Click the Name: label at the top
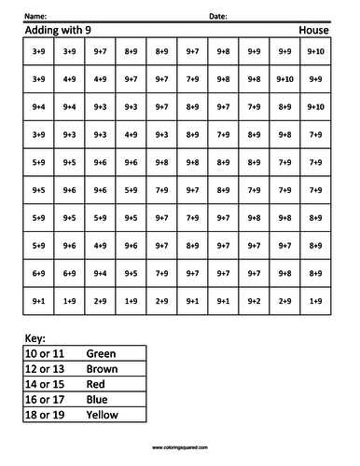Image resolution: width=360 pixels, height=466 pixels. pos(34,17)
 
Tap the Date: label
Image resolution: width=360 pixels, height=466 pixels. pos(217,17)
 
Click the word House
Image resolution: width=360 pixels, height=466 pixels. pos(314,32)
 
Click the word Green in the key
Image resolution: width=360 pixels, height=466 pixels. pos(100,354)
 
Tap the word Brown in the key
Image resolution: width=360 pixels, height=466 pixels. pos(101,369)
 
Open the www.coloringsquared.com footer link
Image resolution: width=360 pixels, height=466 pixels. pos(180,447)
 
